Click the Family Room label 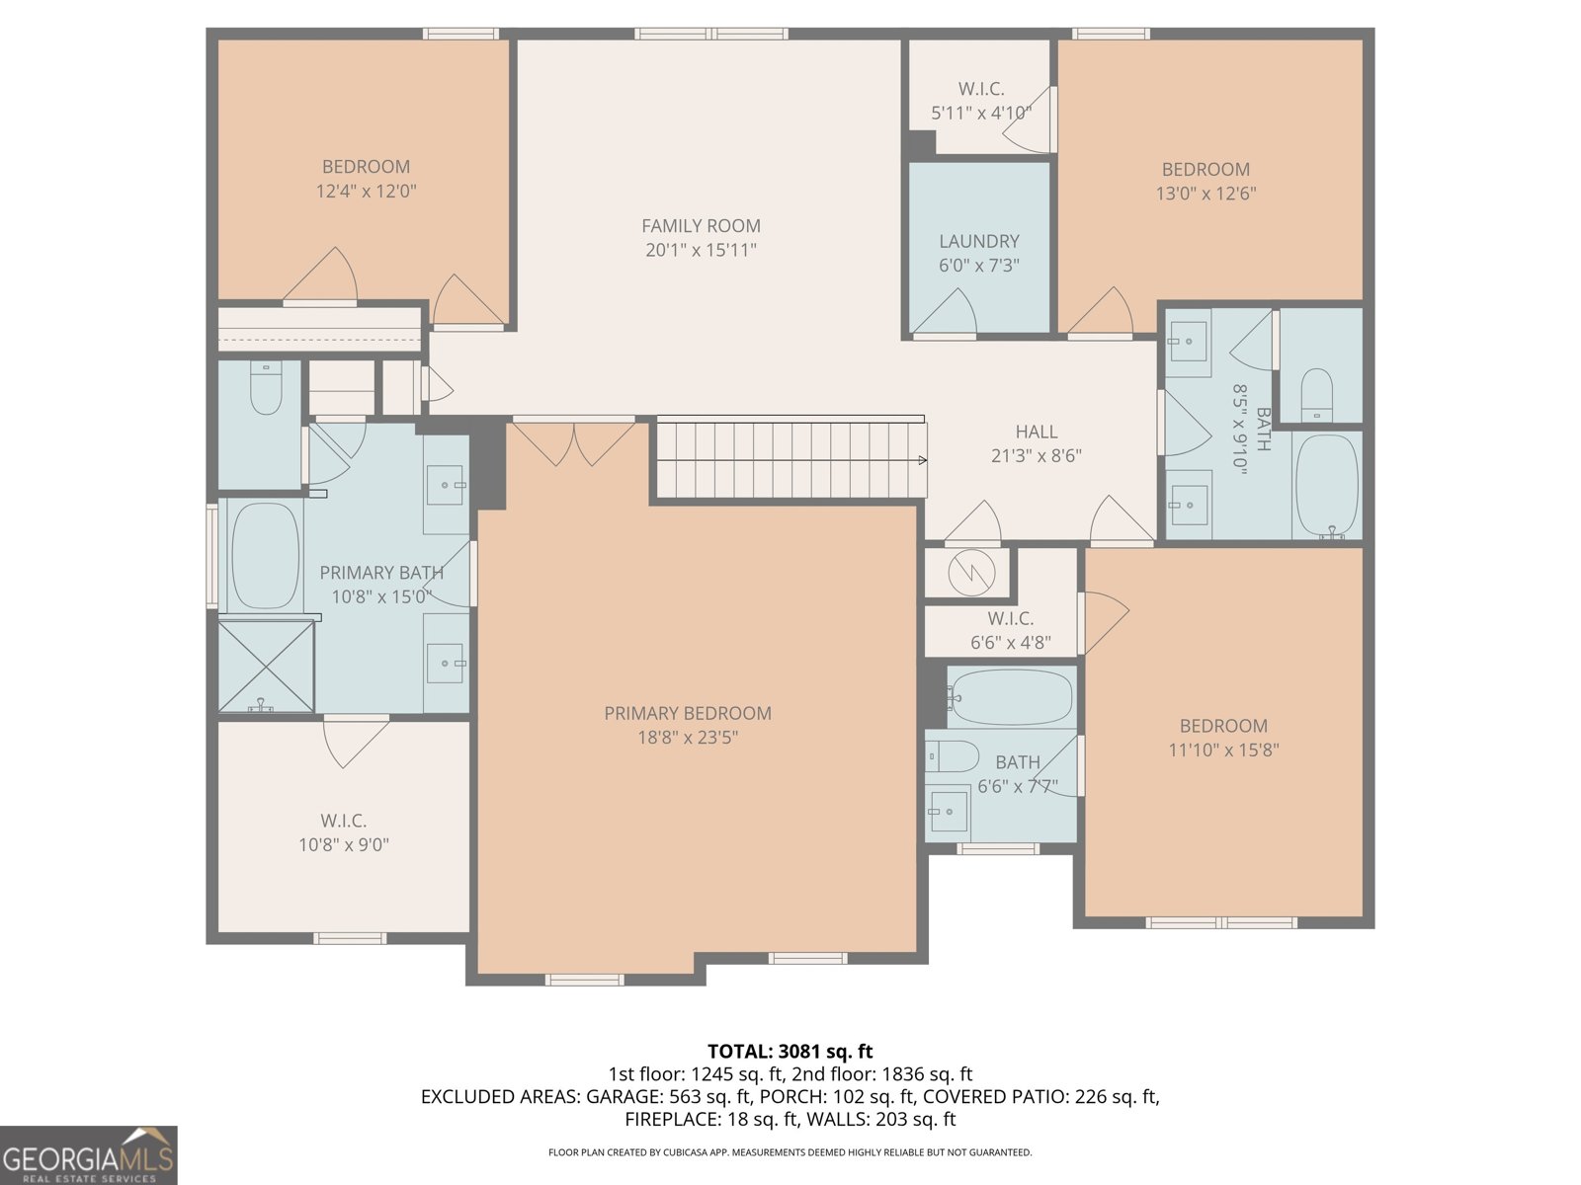click(701, 225)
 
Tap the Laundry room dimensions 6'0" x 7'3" click(978, 266)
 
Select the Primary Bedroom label click(688, 713)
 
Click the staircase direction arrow click(921, 459)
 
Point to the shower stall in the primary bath click(266, 665)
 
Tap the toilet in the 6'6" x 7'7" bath click(951, 756)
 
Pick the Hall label click(1036, 432)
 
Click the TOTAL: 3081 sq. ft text click(790, 1052)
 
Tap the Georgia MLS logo click(89, 1155)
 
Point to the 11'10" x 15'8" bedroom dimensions click(1223, 750)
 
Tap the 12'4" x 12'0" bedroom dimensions click(366, 192)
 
